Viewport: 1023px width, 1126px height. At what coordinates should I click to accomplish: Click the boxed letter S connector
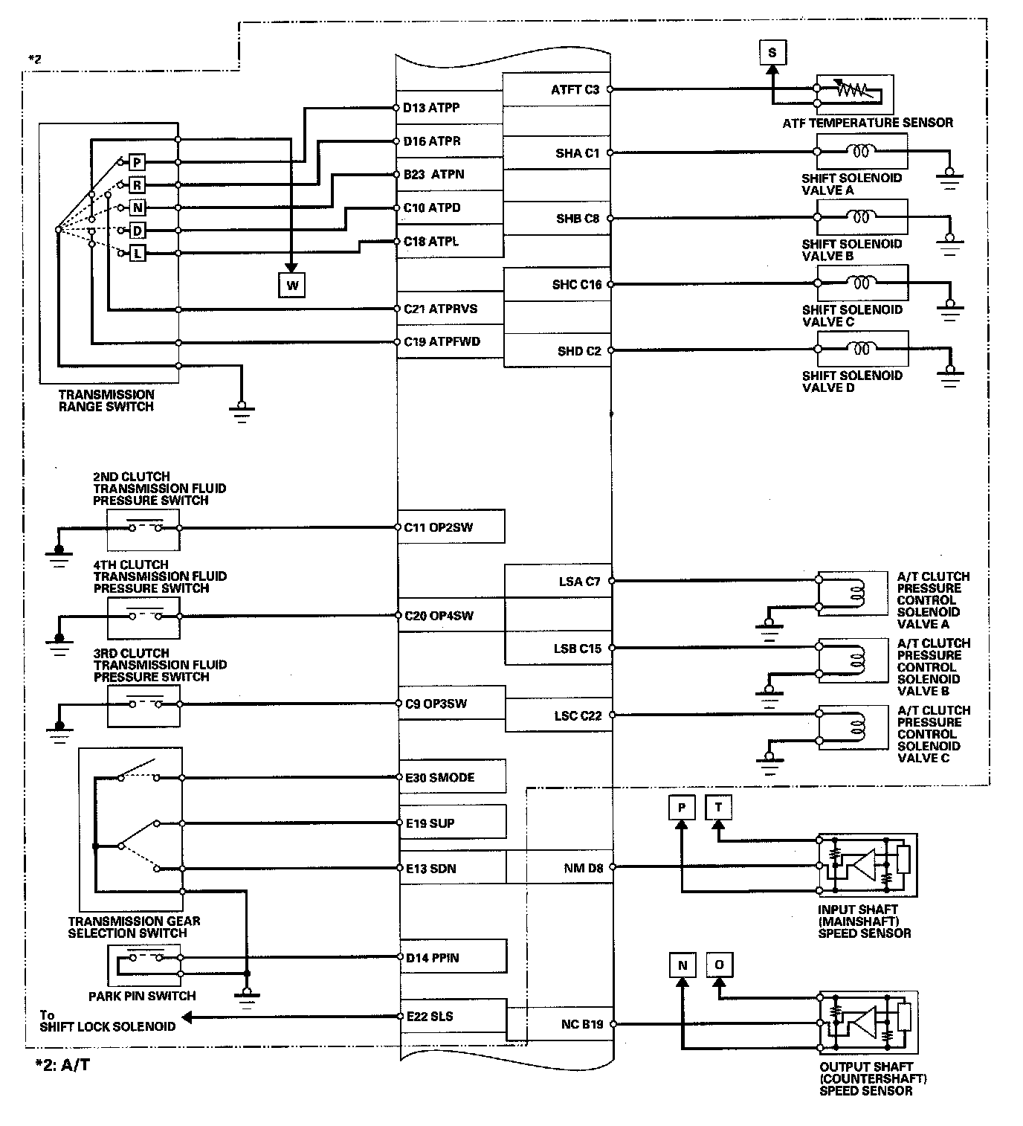tap(772, 52)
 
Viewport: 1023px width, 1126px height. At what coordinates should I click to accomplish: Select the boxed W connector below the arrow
tap(292, 285)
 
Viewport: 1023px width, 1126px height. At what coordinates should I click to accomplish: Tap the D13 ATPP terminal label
tap(432, 108)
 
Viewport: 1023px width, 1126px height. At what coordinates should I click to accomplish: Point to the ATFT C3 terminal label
tap(575, 90)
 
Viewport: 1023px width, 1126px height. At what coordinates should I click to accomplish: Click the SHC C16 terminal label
tap(576, 285)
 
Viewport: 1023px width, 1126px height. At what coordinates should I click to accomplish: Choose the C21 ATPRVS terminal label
tap(441, 309)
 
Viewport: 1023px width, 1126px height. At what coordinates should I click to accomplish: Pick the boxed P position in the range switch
tap(138, 162)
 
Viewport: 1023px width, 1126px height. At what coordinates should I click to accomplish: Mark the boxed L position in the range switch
tap(138, 254)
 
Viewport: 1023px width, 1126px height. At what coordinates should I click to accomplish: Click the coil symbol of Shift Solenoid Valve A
tap(862, 152)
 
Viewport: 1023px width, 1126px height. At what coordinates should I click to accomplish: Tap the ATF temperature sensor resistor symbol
tap(853, 89)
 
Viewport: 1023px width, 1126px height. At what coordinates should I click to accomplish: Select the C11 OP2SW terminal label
tap(439, 527)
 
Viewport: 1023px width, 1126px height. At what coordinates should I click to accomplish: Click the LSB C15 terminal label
tap(577, 649)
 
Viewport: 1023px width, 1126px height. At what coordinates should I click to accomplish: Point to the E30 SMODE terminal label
tap(439, 777)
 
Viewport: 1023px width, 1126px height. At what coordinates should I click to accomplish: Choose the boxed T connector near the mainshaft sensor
tap(718, 808)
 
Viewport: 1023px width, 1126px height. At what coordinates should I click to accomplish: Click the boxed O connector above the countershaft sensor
tap(718, 965)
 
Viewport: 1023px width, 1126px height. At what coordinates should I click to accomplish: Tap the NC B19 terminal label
tap(582, 1024)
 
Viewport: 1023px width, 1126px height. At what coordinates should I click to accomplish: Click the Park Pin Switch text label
tap(142, 996)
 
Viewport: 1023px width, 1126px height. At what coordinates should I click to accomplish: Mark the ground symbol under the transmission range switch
tap(241, 411)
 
